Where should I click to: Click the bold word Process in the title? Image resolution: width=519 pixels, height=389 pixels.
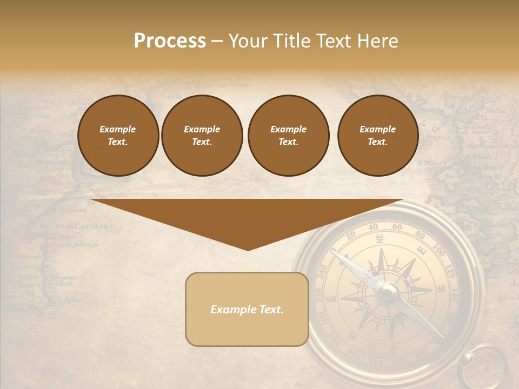(x=170, y=41)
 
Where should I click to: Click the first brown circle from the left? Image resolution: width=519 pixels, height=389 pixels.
(x=118, y=136)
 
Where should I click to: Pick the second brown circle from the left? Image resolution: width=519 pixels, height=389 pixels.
(x=202, y=136)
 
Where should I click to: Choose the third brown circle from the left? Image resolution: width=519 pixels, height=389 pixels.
(x=288, y=136)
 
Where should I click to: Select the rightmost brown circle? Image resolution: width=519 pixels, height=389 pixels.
(x=377, y=136)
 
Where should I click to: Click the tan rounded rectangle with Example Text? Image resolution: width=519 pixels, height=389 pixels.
(x=247, y=310)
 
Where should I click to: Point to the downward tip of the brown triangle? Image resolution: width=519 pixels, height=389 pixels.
(x=248, y=250)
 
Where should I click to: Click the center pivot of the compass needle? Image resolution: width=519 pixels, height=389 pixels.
(x=387, y=293)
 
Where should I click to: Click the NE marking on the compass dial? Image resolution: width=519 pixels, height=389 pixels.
(x=380, y=239)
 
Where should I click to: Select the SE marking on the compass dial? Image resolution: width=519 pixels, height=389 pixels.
(x=441, y=290)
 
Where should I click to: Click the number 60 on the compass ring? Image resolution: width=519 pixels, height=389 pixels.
(x=397, y=227)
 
